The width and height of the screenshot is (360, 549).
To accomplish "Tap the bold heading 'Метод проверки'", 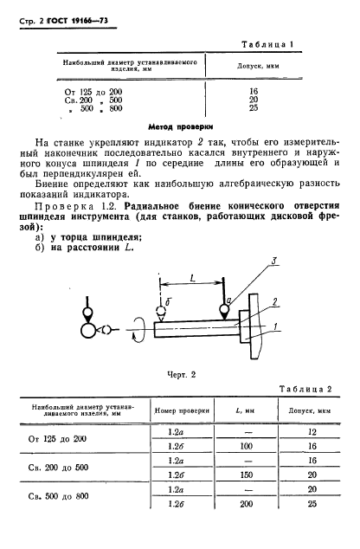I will (x=179, y=125).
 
